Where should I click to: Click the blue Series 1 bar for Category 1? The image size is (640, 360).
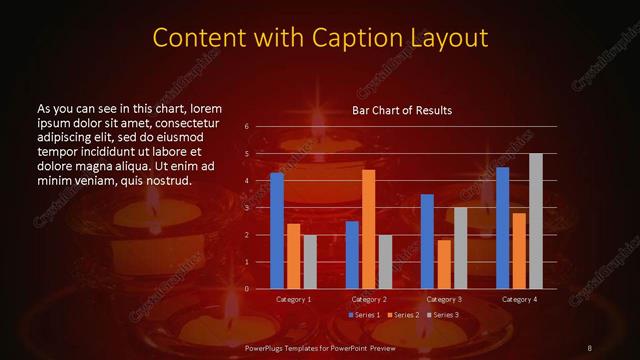(x=277, y=231)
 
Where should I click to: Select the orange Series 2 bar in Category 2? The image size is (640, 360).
(x=368, y=229)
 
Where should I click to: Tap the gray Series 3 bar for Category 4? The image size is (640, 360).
(x=535, y=221)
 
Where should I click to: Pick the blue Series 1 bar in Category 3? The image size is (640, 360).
(x=427, y=241)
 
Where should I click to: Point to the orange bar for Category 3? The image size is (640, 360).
(x=443, y=264)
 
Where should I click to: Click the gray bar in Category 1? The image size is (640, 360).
(x=310, y=262)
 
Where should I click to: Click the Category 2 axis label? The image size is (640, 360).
(x=368, y=299)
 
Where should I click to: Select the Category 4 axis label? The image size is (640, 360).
(x=518, y=299)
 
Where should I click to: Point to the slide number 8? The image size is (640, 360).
(x=589, y=347)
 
